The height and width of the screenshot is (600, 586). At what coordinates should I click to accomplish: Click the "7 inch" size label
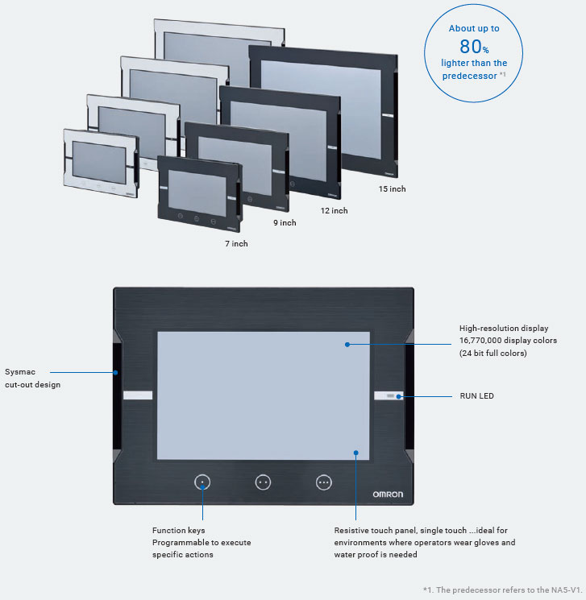point(236,244)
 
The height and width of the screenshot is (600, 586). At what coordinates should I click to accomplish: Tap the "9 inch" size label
point(285,223)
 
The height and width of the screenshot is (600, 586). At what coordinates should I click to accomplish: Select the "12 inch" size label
point(334,210)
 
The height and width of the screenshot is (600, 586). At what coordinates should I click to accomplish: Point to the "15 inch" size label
point(392,188)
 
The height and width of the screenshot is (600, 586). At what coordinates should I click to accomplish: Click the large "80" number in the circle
point(471,46)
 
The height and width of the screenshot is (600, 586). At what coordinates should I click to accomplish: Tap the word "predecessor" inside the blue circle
point(469,76)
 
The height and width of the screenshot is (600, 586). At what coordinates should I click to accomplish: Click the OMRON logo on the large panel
point(388,494)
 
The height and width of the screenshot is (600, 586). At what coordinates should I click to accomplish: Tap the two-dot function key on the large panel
point(263,482)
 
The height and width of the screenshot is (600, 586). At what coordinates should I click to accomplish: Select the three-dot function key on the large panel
point(324,482)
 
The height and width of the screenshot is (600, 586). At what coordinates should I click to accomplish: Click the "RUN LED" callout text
point(477,396)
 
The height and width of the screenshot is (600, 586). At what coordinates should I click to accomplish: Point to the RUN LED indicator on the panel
point(390,395)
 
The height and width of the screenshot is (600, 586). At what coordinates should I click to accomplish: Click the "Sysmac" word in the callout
point(20,372)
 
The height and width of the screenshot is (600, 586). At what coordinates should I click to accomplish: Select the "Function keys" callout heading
point(178,531)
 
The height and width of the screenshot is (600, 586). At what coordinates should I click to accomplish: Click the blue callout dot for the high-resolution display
point(347,345)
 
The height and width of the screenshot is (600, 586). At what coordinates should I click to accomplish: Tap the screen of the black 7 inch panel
point(197,192)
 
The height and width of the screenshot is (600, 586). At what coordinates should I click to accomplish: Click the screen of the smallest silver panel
point(99,162)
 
